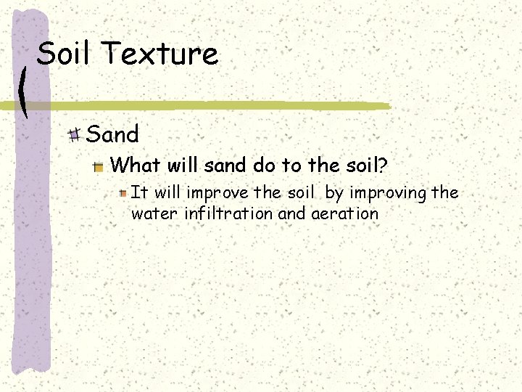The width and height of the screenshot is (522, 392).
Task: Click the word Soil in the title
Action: pyautogui.click(x=68, y=54)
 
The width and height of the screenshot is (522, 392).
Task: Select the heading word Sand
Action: pyautogui.click(x=112, y=134)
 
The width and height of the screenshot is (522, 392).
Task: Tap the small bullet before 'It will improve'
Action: pyautogui.click(x=124, y=193)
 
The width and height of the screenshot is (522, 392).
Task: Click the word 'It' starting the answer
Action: pyautogui.click(x=140, y=192)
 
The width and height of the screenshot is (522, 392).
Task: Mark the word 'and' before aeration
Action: pyautogui.click(x=291, y=214)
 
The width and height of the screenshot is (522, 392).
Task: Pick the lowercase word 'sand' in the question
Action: pyautogui.click(x=225, y=166)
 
